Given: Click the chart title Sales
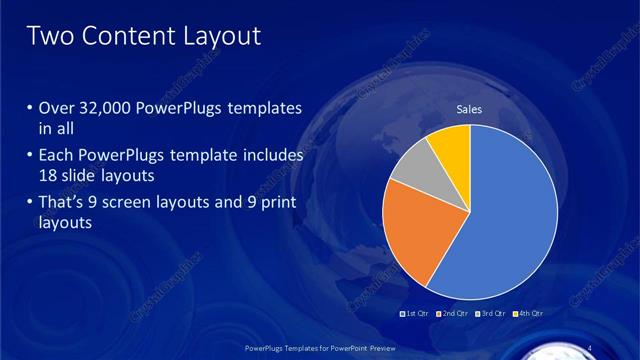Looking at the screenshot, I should coord(470,108).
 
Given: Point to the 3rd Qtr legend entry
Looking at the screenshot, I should coord(493,314).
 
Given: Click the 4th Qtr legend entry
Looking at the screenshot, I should coord(530,314).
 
